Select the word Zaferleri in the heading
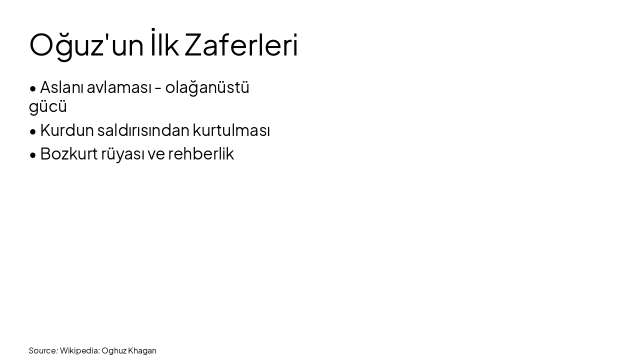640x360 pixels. [241, 45]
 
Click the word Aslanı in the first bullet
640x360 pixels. [61, 87]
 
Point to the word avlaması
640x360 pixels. [119, 87]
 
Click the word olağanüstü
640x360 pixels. [207, 87]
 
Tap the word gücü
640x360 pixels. [48, 106]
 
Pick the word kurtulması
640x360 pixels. [231, 130]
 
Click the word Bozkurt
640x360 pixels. [68, 154]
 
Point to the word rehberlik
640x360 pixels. [201, 154]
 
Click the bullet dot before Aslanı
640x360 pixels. [33, 89]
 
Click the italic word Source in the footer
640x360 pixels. [43, 350]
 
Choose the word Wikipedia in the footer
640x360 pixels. [79, 350]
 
